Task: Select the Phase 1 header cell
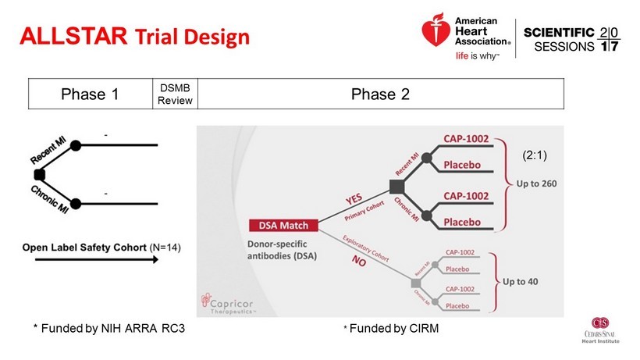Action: [x=89, y=94]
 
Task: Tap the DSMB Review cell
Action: [x=175, y=94]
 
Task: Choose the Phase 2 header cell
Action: [x=380, y=94]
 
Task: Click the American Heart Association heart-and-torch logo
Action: [x=436, y=34]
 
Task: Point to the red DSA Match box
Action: [x=283, y=226]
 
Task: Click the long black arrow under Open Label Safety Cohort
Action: [x=89, y=260]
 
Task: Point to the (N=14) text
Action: [x=165, y=248]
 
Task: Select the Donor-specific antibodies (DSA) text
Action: [x=283, y=249]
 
